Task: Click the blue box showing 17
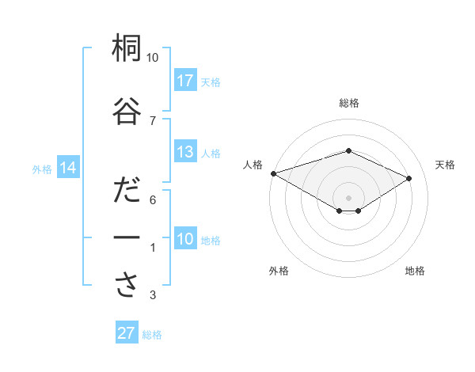pyautogui.click(x=185, y=81)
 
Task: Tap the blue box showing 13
pyautogui.click(x=185, y=152)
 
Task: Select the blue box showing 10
pyautogui.click(x=185, y=239)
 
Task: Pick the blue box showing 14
pyautogui.click(x=68, y=168)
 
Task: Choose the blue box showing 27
pyautogui.click(x=127, y=333)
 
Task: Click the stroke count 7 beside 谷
pyautogui.click(x=152, y=120)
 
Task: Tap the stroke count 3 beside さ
pyautogui.click(x=152, y=296)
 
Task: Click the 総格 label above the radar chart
pyautogui.click(x=348, y=103)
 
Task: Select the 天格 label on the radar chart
pyautogui.click(x=445, y=165)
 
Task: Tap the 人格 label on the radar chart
pyautogui.click(x=253, y=165)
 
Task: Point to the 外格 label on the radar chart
pyautogui.click(x=279, y=271)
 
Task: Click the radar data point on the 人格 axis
pyautogui.click(x=273, y=173)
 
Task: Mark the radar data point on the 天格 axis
pyautogui.click(x=409, y=178)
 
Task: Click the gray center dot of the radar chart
pyautogui.click(x=348, y=196)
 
